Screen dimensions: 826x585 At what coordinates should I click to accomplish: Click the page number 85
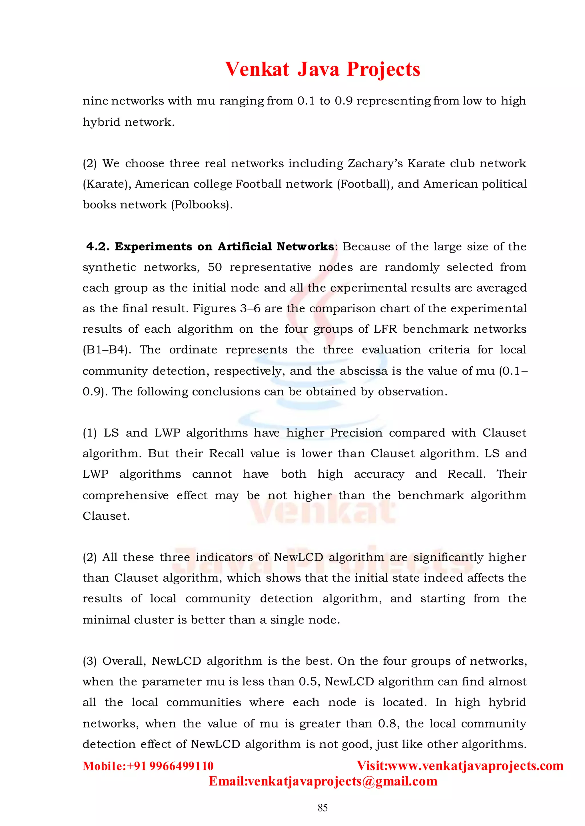point(322,808)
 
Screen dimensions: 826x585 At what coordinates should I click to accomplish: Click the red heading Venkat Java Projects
point(322,69)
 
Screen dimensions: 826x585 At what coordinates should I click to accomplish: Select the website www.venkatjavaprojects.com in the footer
point(475,765)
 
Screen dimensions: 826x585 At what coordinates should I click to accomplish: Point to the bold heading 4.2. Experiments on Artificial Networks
point(210,247)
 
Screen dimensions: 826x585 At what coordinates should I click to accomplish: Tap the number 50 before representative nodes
point(215,267)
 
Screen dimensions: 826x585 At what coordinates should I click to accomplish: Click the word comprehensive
point(125,495)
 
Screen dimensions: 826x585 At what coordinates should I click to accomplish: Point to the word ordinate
point(193,350)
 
